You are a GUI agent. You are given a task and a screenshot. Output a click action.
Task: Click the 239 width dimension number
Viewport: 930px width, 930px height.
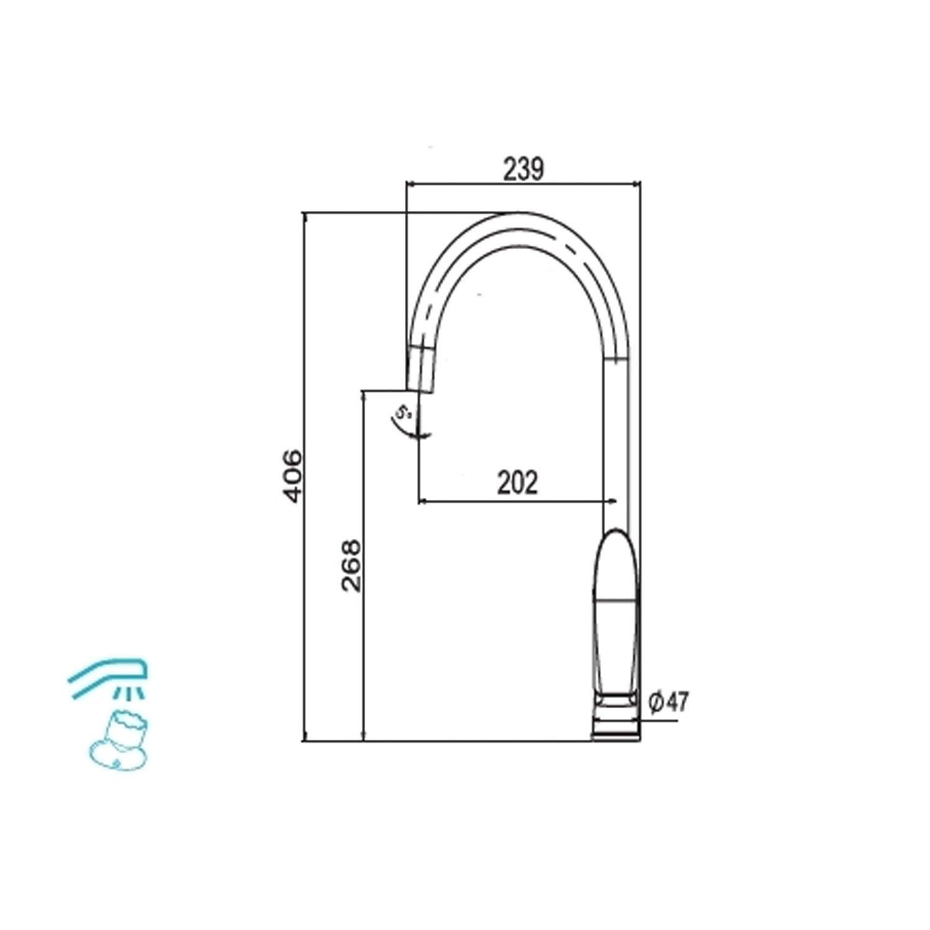tap(523, 169)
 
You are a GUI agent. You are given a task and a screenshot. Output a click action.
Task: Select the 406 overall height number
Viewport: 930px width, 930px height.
tap(291, 476)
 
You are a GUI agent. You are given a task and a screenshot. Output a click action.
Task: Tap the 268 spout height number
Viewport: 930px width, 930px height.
tap(351, 565)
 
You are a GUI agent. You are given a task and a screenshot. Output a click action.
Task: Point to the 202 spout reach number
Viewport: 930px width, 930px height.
tap(518, 482)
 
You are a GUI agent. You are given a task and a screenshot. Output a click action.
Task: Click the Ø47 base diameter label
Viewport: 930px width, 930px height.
tap(668, 702)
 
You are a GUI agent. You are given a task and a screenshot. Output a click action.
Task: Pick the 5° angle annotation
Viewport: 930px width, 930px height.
tap(404, 411)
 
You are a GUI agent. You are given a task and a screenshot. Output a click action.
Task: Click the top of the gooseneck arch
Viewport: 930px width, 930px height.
tap(518, 216)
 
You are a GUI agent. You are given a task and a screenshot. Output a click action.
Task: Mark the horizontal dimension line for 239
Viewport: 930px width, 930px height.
tap(523, 184)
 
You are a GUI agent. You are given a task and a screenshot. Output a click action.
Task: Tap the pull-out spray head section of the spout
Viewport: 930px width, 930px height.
tap(421, 369)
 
